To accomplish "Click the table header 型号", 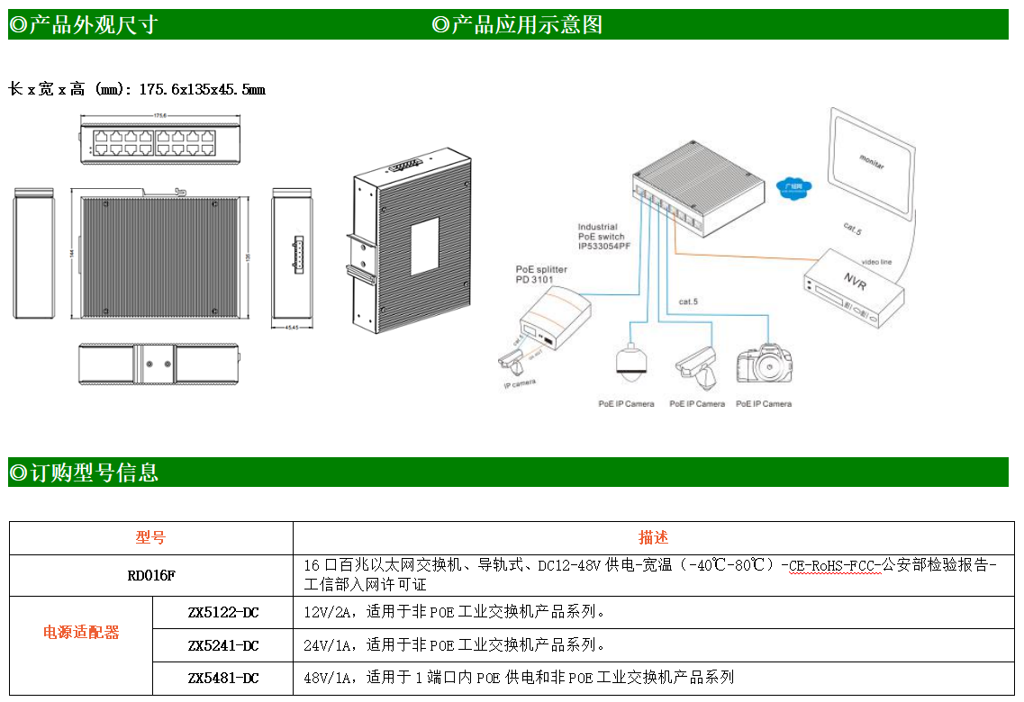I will click(x=150, y=538).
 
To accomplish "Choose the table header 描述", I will click(x=653, y=538).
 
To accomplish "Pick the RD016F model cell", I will click(x=150, y=575).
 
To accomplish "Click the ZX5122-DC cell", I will click(x=222, y=613).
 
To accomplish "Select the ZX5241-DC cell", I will click(x=222, y=645).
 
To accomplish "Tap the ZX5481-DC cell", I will click(x=222, y=678).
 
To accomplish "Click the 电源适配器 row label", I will click(x=81, y=633).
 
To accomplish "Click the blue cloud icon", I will click(x=794, y=188).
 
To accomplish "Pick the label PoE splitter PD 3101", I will click(x=540, y=274).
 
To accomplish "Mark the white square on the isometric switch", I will click(x=423, y=246).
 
